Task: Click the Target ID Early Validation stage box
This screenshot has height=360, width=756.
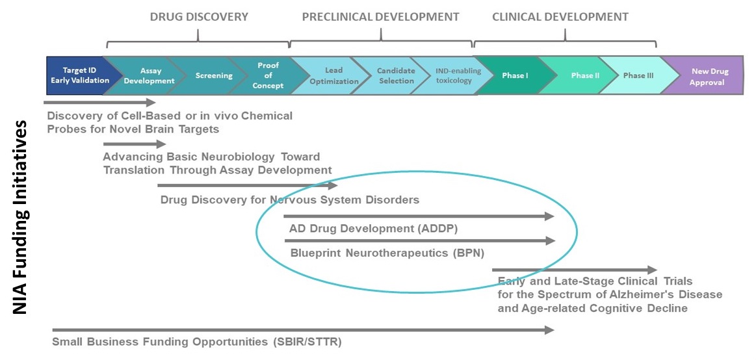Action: [x=76, y=75]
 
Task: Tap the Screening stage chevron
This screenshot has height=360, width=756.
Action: [x=214, y=75]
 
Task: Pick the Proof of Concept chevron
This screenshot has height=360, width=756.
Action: [x=268, y=75]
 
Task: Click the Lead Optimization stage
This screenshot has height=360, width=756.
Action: [x=333, y=75]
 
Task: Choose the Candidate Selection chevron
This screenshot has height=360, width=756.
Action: [x=395, y=75]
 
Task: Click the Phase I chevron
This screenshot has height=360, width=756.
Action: [x=515, y=75]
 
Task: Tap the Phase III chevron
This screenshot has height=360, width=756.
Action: [x=634, y=75]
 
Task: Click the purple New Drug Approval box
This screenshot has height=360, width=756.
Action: [x=709, y=75]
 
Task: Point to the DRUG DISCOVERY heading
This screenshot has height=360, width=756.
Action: [x=199, y=17]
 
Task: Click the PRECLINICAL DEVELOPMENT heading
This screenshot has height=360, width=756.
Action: [x=380, y=17]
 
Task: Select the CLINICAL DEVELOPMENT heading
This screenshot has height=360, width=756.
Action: [x=560, y=17]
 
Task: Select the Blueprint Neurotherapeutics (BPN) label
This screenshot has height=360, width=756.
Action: [x=387, y=253]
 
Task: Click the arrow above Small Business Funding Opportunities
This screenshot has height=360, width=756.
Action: [x=302, y=330]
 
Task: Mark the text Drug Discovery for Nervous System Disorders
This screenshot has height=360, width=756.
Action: [x=289, y=199]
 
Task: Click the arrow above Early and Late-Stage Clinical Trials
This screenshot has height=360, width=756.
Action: [x=575, y=270]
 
